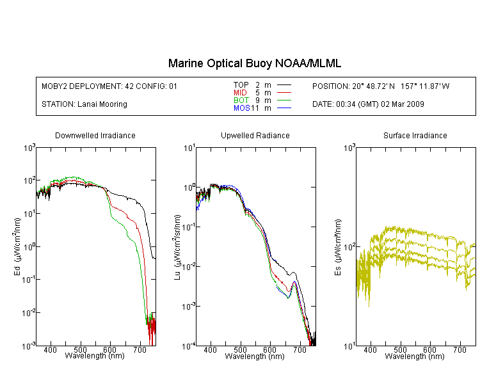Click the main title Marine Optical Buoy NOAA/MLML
(255, 64)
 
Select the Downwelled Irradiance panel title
(95, 136)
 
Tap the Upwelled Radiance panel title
(255, 136)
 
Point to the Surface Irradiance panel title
(415, 136)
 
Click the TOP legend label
(241, 84)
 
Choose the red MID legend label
(241, 93)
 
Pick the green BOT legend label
(241, 100)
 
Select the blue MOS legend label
(241, 108)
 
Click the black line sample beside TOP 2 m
(284, 84)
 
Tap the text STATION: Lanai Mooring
(84, 104)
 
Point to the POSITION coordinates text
(381, 86)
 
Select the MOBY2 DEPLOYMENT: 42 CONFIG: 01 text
(109, 86)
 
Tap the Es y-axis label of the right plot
(337, 246)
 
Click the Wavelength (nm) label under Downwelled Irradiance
(95, 356)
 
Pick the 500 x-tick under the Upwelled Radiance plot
(240, 351)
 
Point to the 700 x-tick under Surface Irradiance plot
(460, 351)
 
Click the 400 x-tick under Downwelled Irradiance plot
(51, 351)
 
